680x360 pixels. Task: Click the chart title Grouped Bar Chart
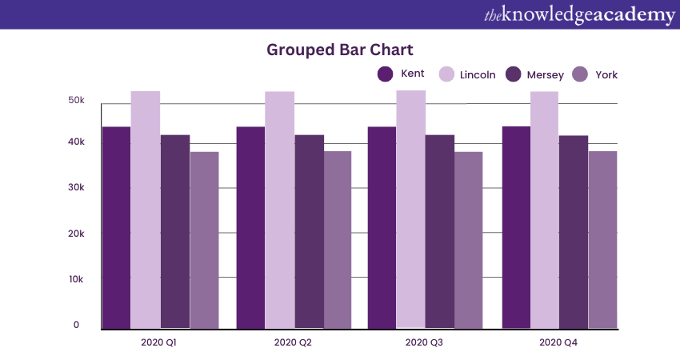coord(340,50)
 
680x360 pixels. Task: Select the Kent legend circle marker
coord(385,74)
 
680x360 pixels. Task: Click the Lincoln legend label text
coord(478,75)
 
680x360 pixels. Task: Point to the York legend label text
coord(606,75)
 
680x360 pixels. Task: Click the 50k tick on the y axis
coord(77,101)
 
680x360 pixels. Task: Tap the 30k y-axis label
coord(77,187)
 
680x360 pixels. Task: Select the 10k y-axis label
coord(77,279)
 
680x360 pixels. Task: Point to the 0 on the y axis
coord(77,325)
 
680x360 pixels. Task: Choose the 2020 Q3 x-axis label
coord(424,342)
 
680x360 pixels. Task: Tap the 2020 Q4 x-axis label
coord(558,342)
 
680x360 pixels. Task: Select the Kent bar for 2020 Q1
coord(116,228)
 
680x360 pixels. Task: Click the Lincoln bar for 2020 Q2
coord(279,210)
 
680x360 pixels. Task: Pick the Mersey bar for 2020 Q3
coord(439,232)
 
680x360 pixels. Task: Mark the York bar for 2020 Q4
coord(602,240)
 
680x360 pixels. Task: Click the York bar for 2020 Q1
coord(204,240)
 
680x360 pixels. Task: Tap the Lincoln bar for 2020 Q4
coord(544,210)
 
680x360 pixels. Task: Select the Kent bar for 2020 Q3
coord(382,228)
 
